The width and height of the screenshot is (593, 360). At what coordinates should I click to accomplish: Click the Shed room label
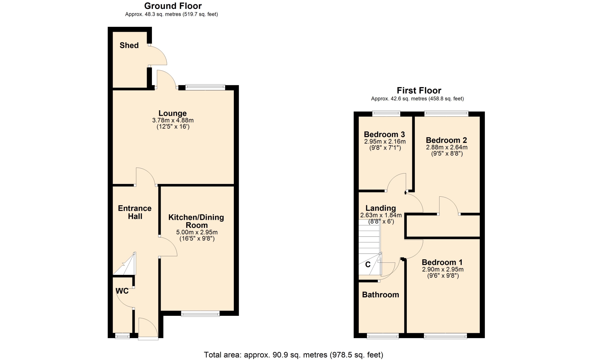pos(129,45)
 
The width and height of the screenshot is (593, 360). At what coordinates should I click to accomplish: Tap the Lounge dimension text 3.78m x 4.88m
pos(173,120)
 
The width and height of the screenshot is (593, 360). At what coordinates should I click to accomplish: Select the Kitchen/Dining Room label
pos(196,221)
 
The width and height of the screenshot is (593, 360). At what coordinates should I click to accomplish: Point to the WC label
pos(122,291)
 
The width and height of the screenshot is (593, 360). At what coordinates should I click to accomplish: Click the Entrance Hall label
pos(135,212)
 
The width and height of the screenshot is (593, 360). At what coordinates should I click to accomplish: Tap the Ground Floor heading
pos(173,6)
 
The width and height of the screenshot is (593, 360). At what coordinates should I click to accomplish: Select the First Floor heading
pos(419,90)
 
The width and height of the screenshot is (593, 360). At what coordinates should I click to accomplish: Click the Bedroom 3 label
pos(384,134)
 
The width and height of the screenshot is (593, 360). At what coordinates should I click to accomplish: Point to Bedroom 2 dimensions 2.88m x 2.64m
pos(447,147)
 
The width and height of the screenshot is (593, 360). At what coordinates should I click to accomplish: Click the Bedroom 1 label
pos(442,262)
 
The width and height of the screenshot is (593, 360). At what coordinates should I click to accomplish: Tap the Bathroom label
pos(381,295)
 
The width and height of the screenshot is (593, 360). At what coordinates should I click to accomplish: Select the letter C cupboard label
pos(368,265)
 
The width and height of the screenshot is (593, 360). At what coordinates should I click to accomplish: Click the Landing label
pos(381,208)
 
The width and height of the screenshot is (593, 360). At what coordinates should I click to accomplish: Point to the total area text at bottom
pos(293,355)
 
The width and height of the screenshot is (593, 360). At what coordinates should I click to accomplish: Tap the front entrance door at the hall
pos(148,329)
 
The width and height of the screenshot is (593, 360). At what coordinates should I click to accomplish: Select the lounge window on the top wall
pos(205,87)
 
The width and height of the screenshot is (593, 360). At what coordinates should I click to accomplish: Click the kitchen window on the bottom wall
pos(200,314)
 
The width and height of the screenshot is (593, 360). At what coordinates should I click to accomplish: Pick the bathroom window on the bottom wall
pos(383,336)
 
